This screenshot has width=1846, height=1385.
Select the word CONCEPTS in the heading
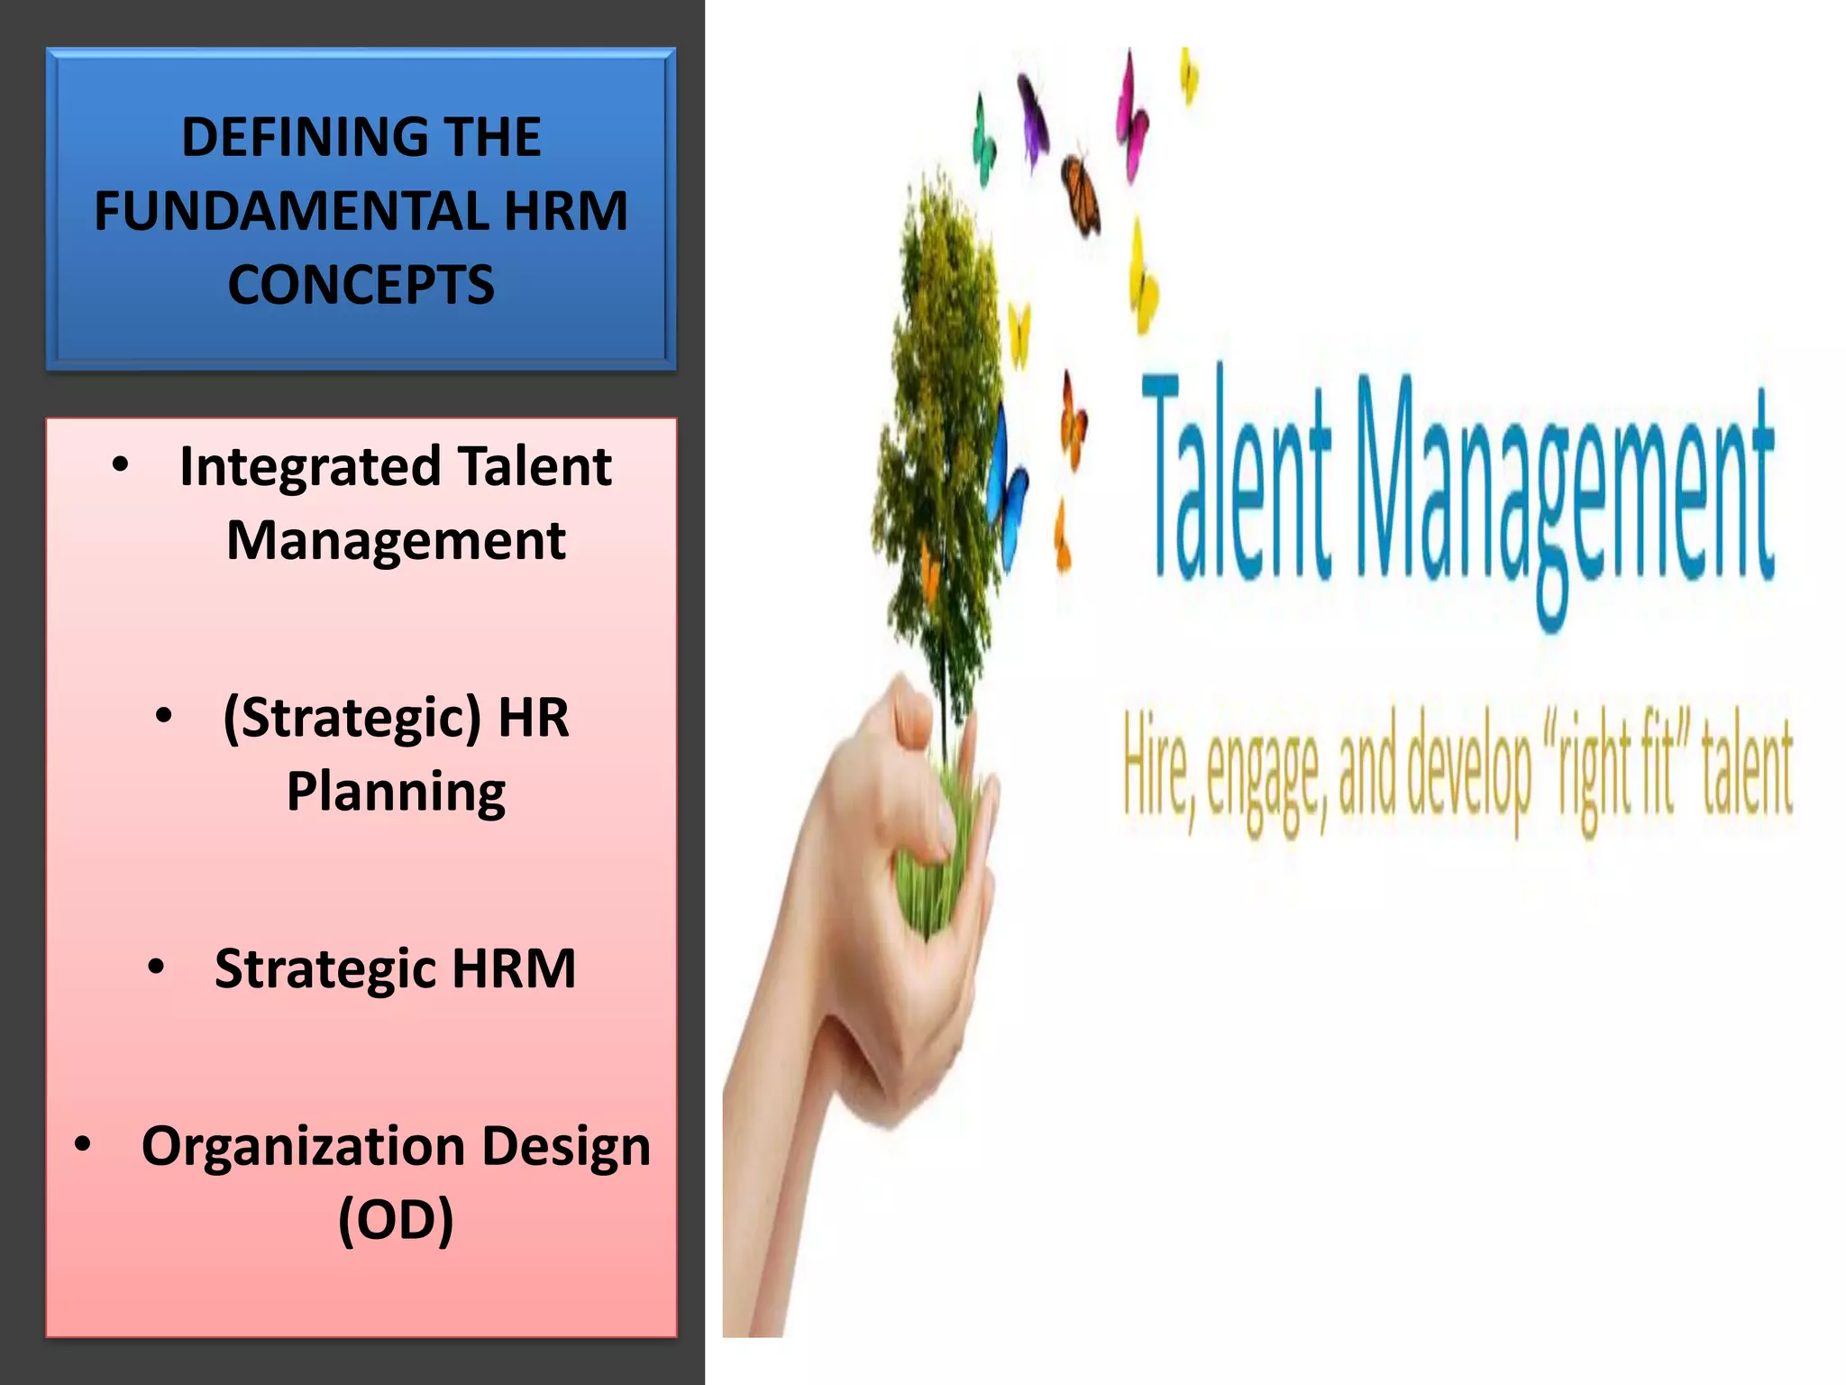tap(361, 285)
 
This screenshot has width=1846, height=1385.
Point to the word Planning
tap(396, 792)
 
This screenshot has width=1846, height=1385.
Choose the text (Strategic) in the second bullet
tap(352, 718)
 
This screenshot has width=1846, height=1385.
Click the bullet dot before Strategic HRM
tap(157, 968)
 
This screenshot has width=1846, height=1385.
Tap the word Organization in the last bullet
tap(303, 1147)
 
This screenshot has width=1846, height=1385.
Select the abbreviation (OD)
tap(396, 1221)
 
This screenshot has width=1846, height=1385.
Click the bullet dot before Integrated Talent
tap(121, 466)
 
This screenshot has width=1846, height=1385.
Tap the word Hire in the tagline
tap(1157, 772)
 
